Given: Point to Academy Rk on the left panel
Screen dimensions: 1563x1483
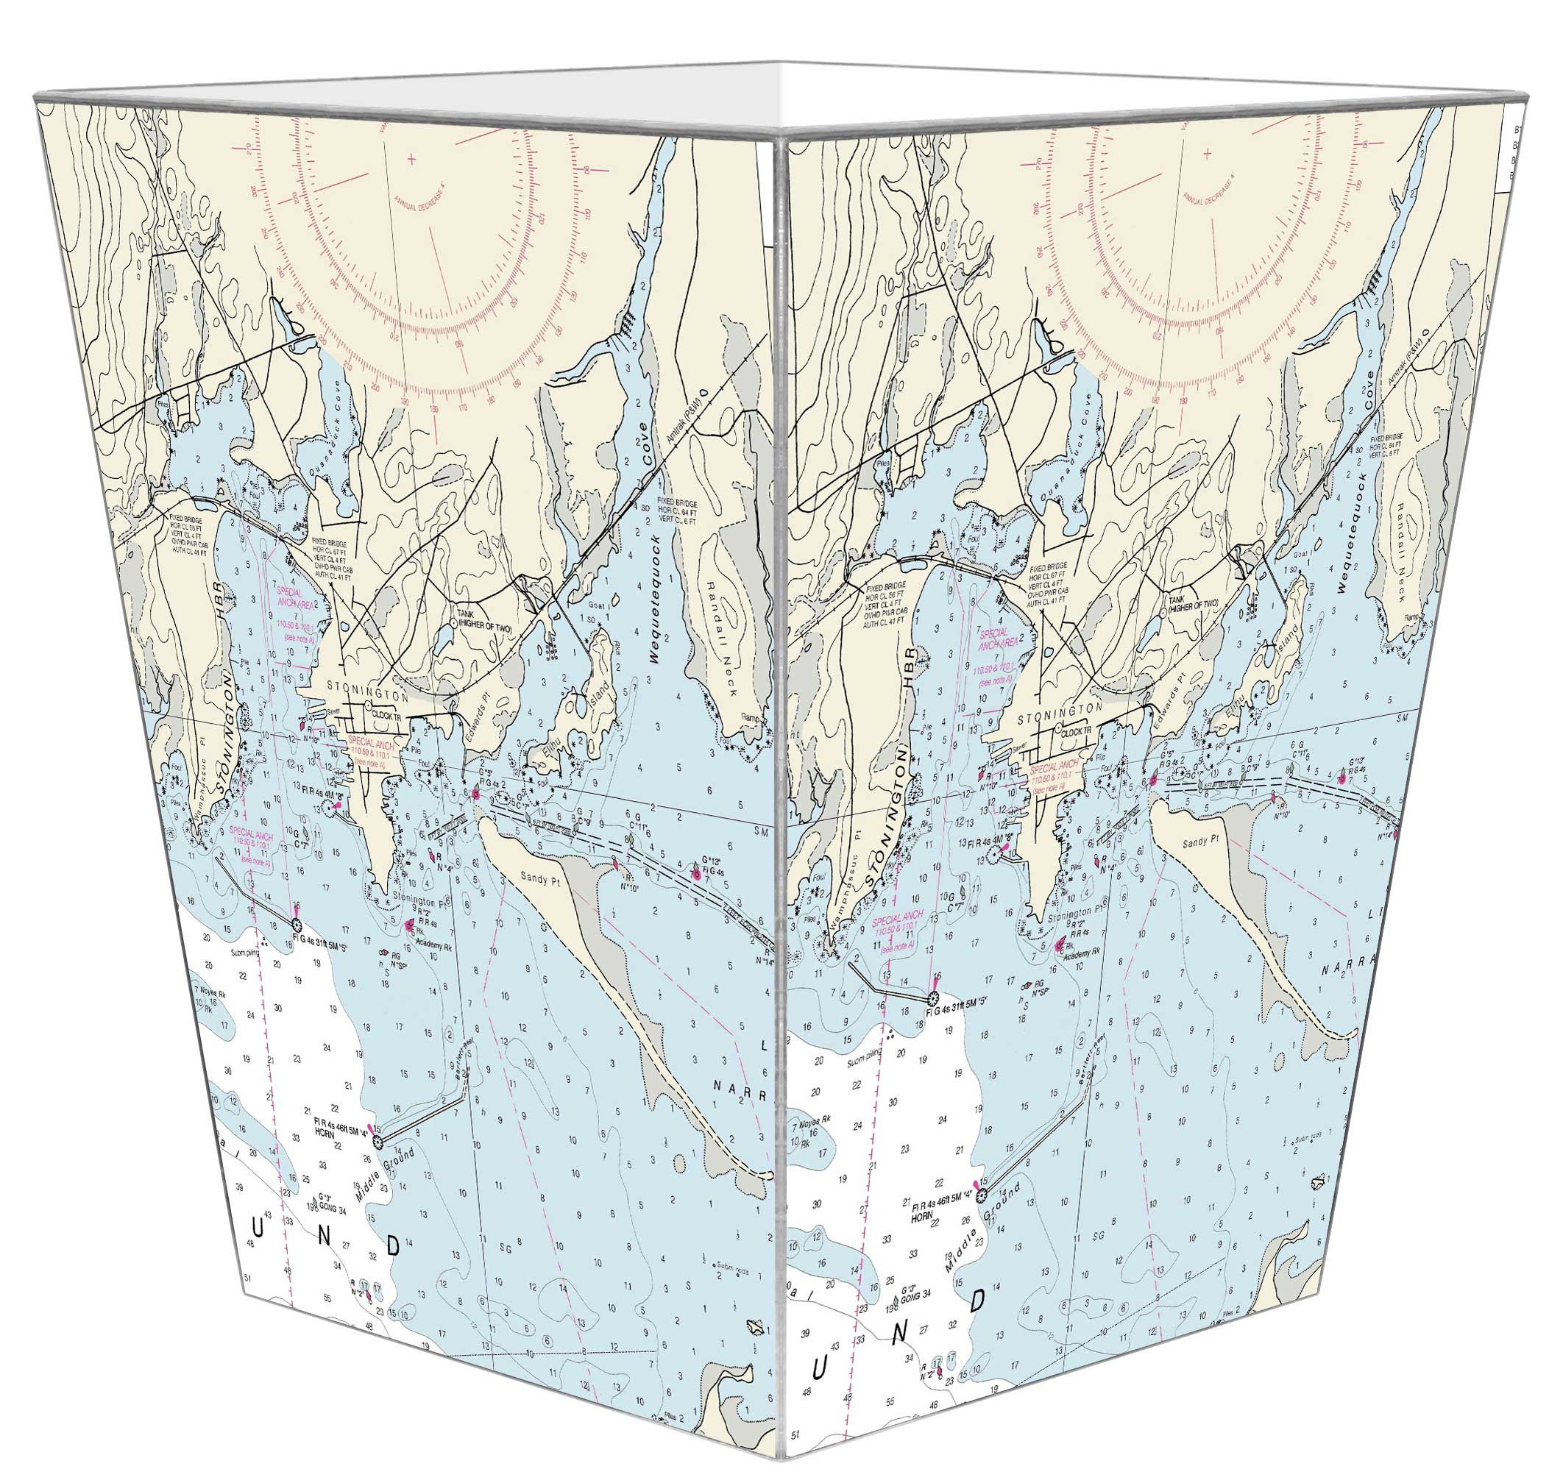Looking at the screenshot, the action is coord(436,947).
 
